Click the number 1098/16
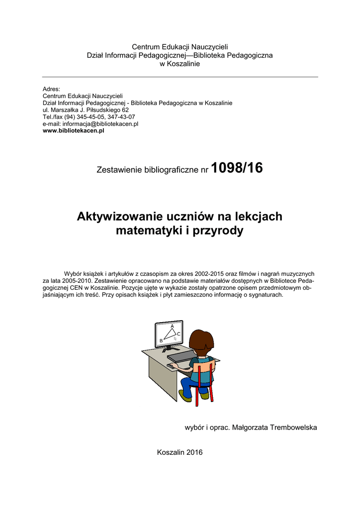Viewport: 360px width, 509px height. pyautogui.click(x=237, y=169)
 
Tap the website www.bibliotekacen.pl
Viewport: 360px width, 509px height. pyautogui.click(x=74, y=130)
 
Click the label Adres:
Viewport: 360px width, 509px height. pyautogui.click(x=51, y=89)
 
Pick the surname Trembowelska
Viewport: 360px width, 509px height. pyautogui.click(x=293, y=427)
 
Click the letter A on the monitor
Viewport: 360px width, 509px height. pyautogui.click(x=172, y=326)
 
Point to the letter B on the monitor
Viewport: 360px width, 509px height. pyautogui.click(x=161, y=340)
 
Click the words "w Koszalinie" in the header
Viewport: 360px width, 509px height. pyautogui.click(x=180, y=64)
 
